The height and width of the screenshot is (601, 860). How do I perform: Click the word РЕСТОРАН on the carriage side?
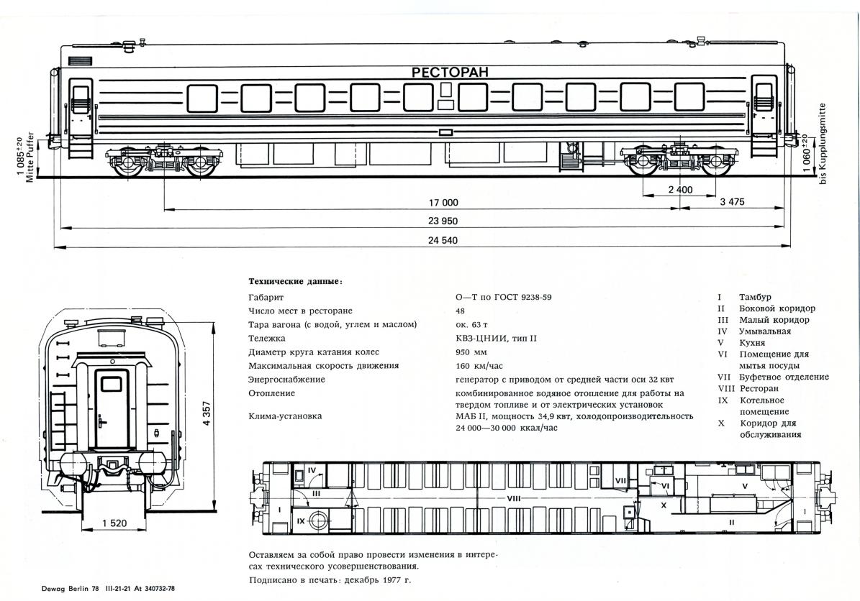(450, 72)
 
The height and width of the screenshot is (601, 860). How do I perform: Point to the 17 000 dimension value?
(443, 202)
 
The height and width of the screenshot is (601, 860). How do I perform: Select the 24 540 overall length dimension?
(443, 240)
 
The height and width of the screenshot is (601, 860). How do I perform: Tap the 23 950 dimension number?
(443, 221)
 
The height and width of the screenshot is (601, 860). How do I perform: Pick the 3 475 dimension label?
(732, 202)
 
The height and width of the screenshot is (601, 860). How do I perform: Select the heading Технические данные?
(295, 281)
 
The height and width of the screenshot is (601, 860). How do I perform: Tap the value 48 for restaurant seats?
(461, 311)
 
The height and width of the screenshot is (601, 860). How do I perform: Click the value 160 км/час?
(479, 366)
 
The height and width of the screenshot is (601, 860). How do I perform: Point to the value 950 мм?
(471, 352)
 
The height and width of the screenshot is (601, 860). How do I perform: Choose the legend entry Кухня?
(752, 343)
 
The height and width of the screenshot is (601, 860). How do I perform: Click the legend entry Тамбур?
(755, 297)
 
